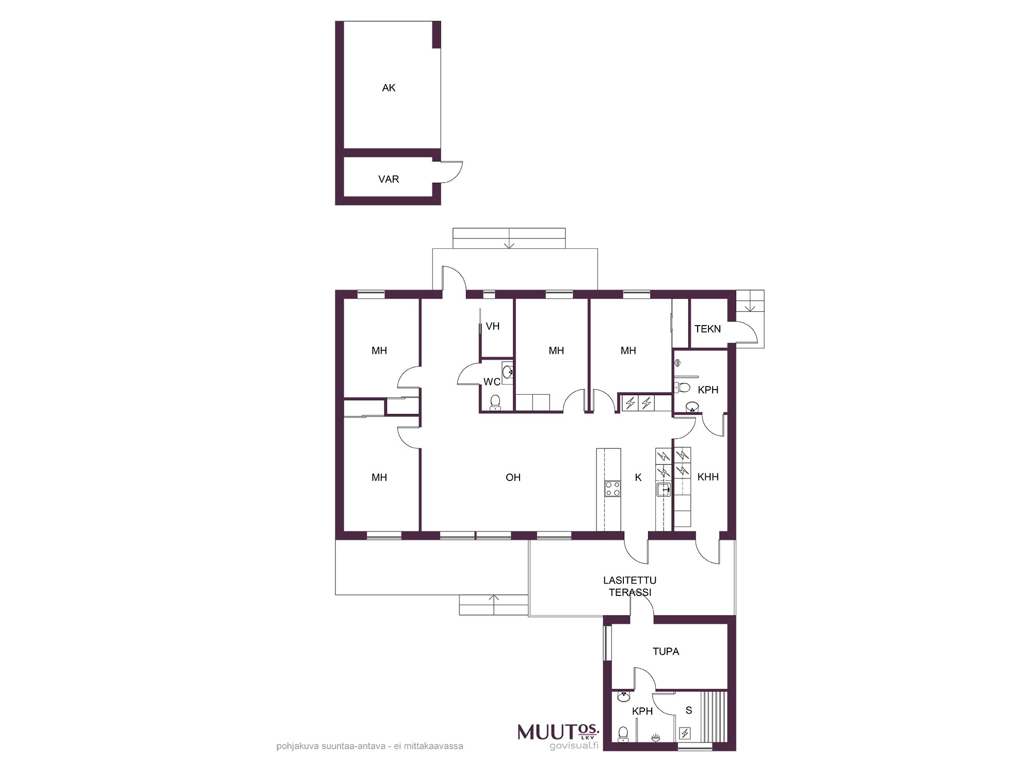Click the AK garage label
[x=389, y=88]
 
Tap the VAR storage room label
[x=389, y=179]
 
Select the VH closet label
[x=493, y=326]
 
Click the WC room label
[x=492, y=382]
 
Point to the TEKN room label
[x=707, y=329]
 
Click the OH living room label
[x=513, y=477]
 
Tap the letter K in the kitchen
[x=638, y=477]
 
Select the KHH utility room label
[x=708, y=477]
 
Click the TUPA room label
[x=666, y=651]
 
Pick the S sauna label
[x=688, y=711]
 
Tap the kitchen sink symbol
[x=664, y=490]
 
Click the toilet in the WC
[x=495, y=401]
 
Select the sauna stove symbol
[x=685, y=733]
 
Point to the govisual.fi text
[x=574, y=746]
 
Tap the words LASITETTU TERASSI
[x=630, y=587]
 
